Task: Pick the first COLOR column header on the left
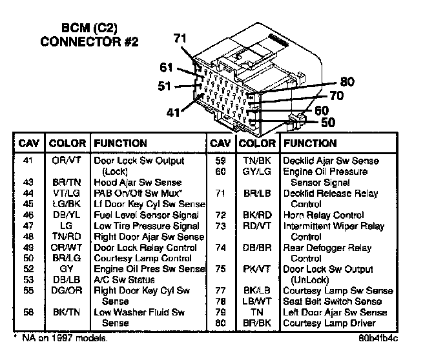(x=67, y=143)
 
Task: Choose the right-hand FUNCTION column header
(x=310, y=143)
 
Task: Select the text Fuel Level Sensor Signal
(x=147, y=215)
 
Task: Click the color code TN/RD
(x=66, y=237)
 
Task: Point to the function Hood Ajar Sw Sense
(x=138, y=183)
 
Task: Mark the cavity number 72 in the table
(x=220, y=215)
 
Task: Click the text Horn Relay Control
(x=323, y=215)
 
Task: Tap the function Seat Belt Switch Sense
(x=333, y=302)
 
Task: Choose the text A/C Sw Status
(x=124, y=280)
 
